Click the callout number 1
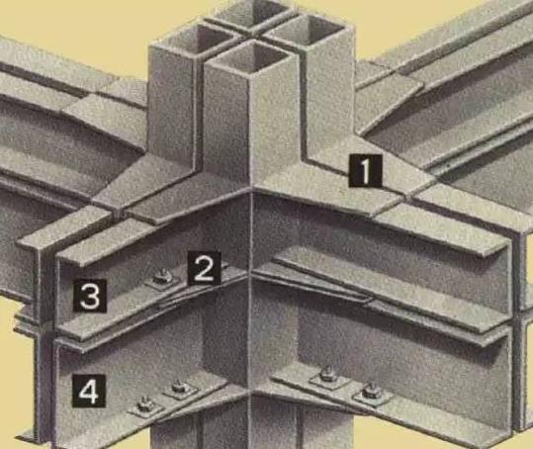click(x=365, y=171)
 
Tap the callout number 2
click(x=205, y=268)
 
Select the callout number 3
click(x=90, y=296)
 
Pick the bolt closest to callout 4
click(x=145, y=405)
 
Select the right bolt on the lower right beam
click(x=372, y=392)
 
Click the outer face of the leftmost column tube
click(x=173, y=106)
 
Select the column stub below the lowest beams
click(x=251, y=423)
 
